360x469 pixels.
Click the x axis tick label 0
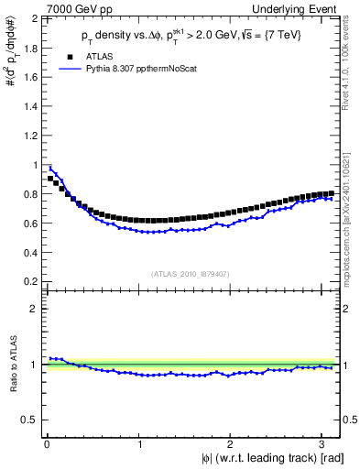[47, 445]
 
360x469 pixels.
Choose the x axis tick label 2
[233, 445]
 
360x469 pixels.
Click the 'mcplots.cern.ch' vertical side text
[352, 220]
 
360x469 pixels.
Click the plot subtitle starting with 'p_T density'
[192, 36]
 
